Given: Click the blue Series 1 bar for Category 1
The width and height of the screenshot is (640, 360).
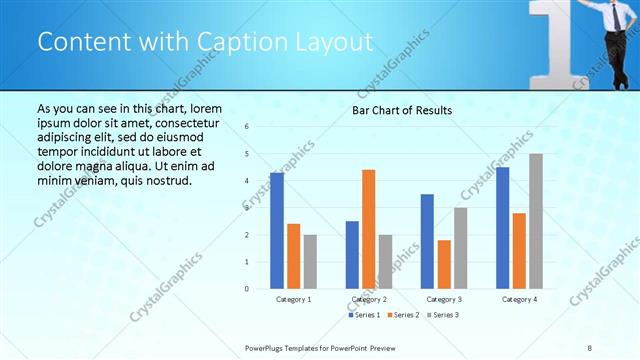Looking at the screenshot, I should (x=277, y=231).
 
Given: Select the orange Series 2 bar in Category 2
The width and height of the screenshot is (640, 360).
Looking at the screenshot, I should (x=368, y=229).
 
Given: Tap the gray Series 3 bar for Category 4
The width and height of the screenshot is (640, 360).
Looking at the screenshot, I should (x=536, y=221).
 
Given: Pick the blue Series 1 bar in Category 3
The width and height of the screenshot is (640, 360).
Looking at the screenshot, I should (x=427, y=241).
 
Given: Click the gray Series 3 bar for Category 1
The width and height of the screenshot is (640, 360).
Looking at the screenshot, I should (x=310, y=262).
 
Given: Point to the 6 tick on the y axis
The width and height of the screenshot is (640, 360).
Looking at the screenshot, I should (x=247, y=127).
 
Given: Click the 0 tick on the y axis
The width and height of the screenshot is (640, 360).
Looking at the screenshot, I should (x=247, y=289).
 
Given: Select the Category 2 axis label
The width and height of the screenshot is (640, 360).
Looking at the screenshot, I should (x=369, y=299).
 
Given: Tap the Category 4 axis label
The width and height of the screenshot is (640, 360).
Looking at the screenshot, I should (x=519, y=299).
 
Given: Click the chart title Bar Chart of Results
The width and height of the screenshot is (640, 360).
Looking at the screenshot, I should (x=402, y=110).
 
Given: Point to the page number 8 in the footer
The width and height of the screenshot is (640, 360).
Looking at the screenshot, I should (x=590, y=348).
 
